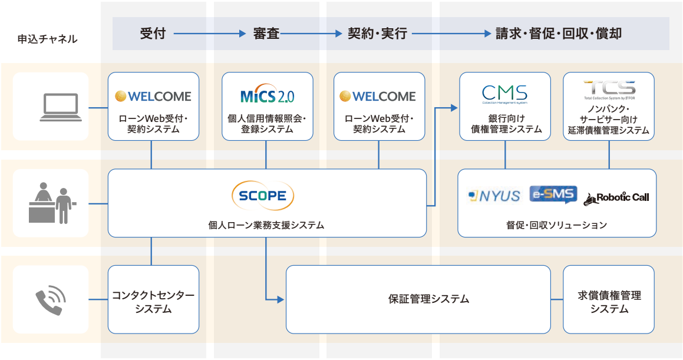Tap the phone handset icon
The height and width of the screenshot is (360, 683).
pyautogui.click(x=50, y=299)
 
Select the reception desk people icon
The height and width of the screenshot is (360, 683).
pyautogui.click(x=52, y=203)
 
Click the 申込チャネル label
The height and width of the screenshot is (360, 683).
pyautogui.click(x=47, y=39)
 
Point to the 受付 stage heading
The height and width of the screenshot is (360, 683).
pyautogui.click(x=153, y=34)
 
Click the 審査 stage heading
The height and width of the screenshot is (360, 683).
pyautogui.click(x=266, y=34)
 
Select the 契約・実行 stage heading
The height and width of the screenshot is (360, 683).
pyautogui.click(x=377, y=34)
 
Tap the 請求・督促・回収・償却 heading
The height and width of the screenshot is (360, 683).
pyautogui.click(x=558, y=34)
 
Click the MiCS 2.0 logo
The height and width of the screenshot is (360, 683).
pyautogui.click(x=268, y=95)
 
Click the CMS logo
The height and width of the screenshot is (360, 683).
pyautogui.click(x=504, y=94)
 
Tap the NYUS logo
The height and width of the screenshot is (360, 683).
pyautogui.click(x=494, y=196)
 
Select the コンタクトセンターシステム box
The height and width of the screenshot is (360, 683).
pyautogui.click(x=153, y=299)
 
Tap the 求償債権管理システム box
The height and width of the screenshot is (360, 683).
pyautogui.click(x=609, y=299)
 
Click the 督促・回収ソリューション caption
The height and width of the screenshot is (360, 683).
pyautogui.click(x=556, y=225)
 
